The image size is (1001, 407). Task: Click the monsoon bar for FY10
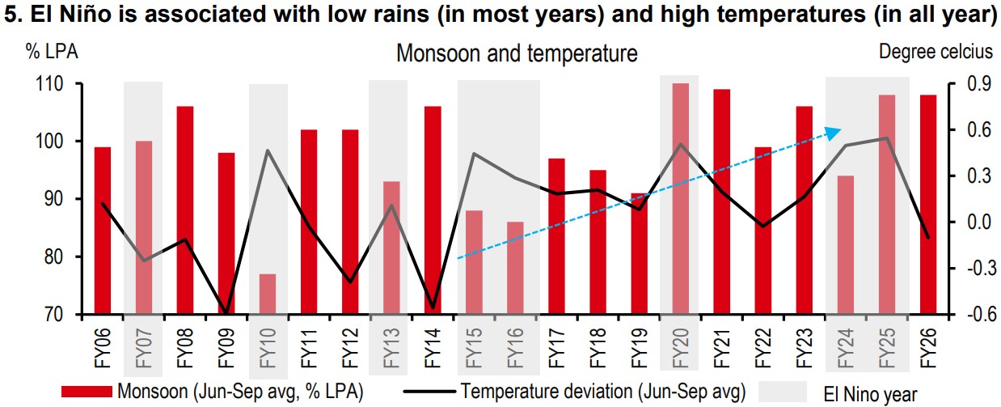pyautogui.click(x=268, y=295)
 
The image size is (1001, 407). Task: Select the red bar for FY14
pyautogui.click(x=433, y=210)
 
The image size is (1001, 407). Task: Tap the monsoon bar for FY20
pyautogui.click(x=680, y=199)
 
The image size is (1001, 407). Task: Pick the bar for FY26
pyautogui.click(x=927, y=205)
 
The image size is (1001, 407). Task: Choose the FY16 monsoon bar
pyautogui.click(x=515, y=269)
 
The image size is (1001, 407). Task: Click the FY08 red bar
pyautogui.click(x=185, y=210)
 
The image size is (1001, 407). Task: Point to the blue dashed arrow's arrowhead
pyautogui.click(x=833, y=134)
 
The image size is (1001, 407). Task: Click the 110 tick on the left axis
pyautogui.click(x=49, y=83)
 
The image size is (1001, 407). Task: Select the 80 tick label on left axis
pyautogui.click(x=53, y=256)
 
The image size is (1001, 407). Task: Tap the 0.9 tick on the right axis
pyautogui.click(x=979, y=83)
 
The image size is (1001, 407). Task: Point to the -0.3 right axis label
pyautogui.click(x=982, y=269)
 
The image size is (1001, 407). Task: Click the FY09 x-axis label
pyautogui.click(x=226, y=348)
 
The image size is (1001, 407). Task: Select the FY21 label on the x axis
pyautogui.click(x=721, y=348)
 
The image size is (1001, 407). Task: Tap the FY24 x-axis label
pyautogui.click(x=846, y=348)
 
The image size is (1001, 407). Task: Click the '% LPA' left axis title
pyautogui.click(x=52, y=52)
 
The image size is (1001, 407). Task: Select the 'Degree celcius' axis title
pyautogui.click(x=936, y=52)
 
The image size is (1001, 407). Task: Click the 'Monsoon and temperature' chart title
pyautogui.click(x=517, y=53)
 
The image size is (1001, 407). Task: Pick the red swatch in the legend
pyautogui.click(x=87, y=392)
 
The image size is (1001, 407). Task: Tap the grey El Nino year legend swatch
pyautogui.click(x=783, y=392)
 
